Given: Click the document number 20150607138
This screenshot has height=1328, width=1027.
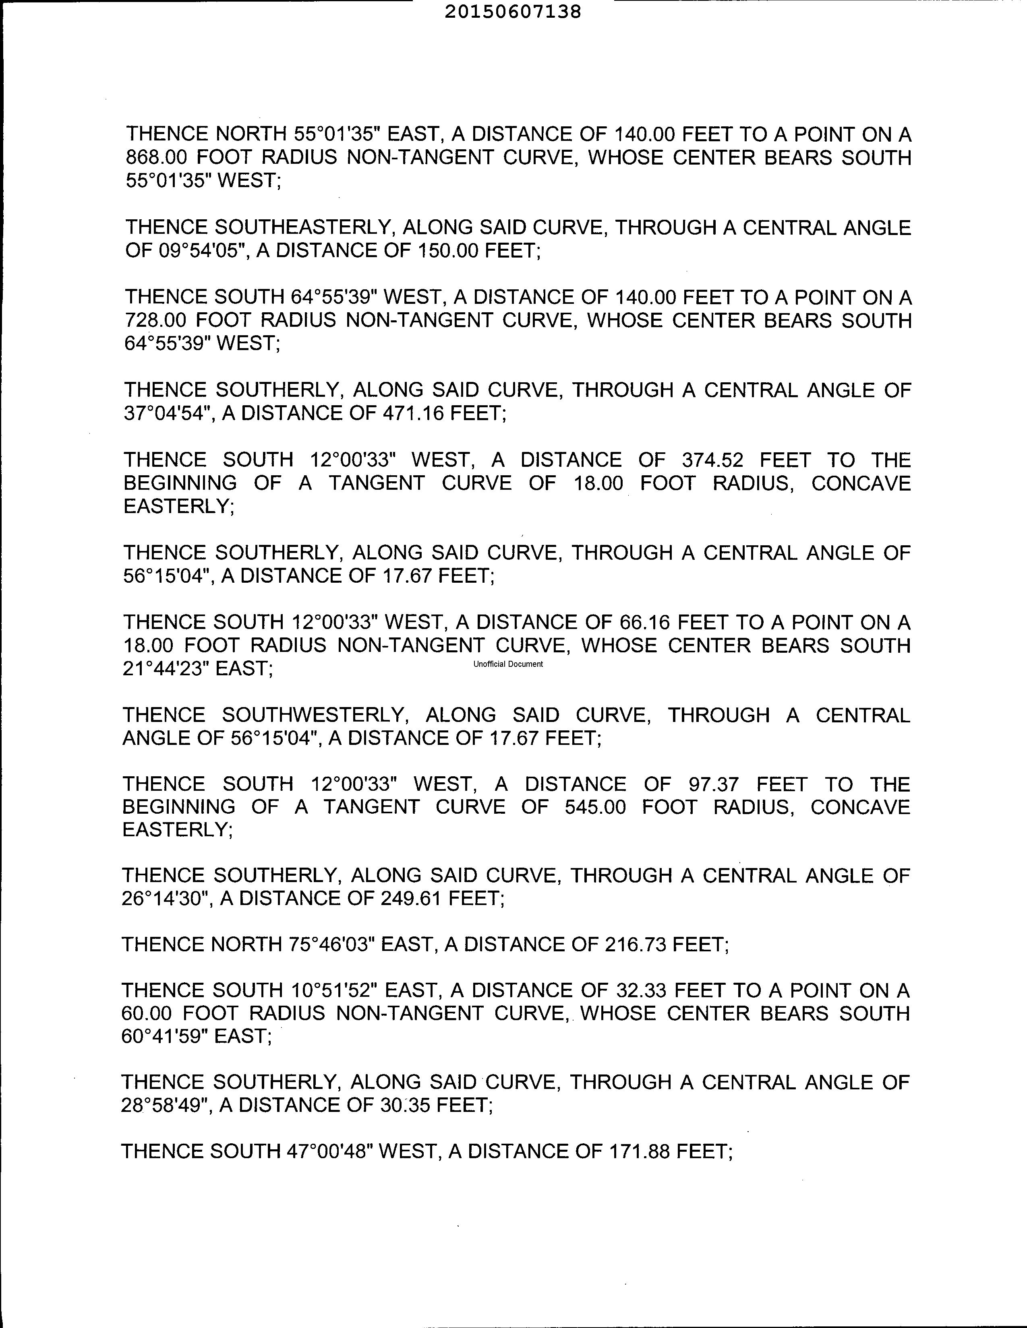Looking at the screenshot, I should click(x=513, y=12).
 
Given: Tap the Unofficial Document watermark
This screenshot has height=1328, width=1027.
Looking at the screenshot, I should click(x=508, y=664).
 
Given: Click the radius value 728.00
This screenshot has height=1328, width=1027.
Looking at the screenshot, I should click(x=155, y=320).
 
